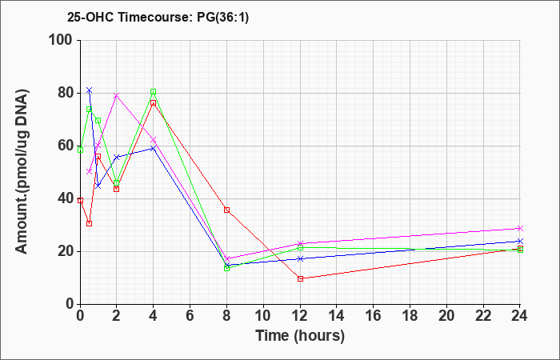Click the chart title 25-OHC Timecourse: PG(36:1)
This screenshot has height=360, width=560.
click(158, 17)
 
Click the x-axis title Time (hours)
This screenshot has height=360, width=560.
click(300, 336)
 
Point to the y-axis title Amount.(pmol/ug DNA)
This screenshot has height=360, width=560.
click(22, 172)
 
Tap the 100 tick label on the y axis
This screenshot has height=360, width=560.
click(62, 40)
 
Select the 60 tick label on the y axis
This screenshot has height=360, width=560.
click(66, 146)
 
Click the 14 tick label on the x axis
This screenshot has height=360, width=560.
click(337, 315)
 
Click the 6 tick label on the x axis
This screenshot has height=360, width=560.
click(190, 315)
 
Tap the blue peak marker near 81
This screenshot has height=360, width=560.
click(90, 90)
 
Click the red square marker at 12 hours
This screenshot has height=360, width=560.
click(300, 278)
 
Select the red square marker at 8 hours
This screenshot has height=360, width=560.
click(226, 210)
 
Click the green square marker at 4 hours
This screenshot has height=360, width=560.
click(154, 92)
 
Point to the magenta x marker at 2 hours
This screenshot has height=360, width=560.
click(117, 96)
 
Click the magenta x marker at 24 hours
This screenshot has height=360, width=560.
click(520, 228)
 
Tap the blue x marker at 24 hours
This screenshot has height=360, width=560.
click(520, 241)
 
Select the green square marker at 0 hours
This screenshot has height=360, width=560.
click(80, 150)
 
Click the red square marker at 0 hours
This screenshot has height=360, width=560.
click(80, 200)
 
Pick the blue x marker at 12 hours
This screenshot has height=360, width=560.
click(300, 258)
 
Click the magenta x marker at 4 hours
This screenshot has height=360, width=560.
click(154, 140)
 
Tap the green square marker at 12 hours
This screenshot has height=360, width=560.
click(300, 247)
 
